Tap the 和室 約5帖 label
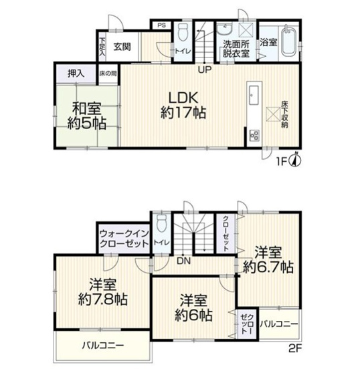coord(86,116)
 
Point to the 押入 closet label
coord(76,73)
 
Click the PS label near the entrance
coord(161,25)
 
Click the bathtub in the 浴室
coord(288,41)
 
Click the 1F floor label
coord(284,162)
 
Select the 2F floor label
coord(296,347)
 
